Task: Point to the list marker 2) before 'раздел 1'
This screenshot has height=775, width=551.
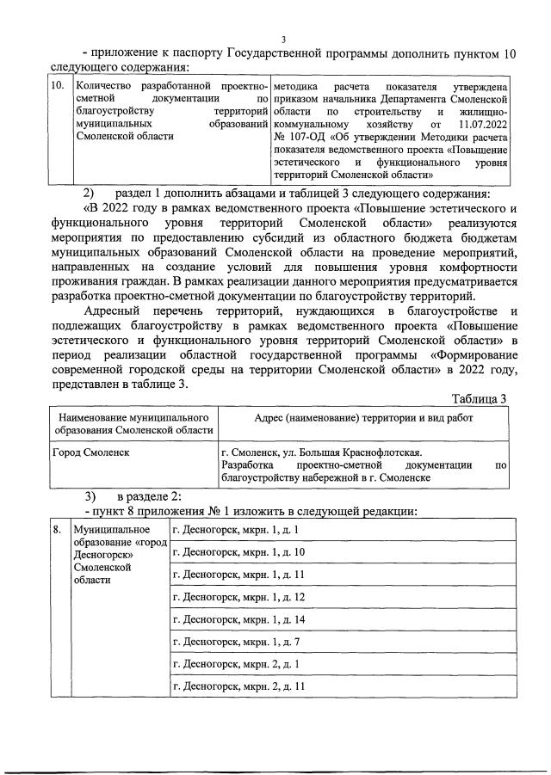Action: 90,192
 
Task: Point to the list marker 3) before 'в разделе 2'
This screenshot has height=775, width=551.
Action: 90,496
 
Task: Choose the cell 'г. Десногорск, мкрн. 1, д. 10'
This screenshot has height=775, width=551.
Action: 239,551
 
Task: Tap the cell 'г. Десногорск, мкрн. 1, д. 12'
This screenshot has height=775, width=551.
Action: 239,596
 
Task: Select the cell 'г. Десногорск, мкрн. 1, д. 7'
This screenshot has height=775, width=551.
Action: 237,641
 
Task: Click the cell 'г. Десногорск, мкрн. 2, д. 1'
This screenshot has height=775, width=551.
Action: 237,663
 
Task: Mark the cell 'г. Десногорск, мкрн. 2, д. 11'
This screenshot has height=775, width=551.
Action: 239,686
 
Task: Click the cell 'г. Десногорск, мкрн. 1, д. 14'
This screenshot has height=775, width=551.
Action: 239,618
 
